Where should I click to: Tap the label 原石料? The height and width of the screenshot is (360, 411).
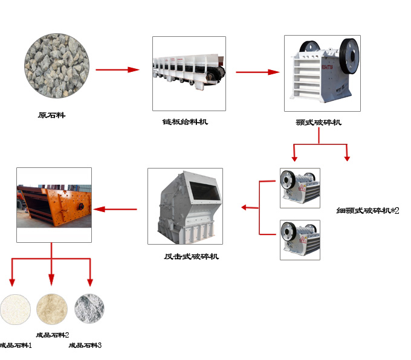(51, 115)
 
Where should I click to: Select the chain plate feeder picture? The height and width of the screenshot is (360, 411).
(189, 73)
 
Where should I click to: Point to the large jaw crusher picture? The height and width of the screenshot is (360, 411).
(322, 73)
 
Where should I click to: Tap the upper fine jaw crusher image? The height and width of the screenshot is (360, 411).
(300, 187)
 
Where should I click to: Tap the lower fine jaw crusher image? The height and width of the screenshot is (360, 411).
(300, 240)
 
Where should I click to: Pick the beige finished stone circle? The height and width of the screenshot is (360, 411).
(52, 309)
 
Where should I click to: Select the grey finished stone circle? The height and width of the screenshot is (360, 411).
(89, 309)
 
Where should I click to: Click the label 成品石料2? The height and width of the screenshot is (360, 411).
(53, 335)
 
